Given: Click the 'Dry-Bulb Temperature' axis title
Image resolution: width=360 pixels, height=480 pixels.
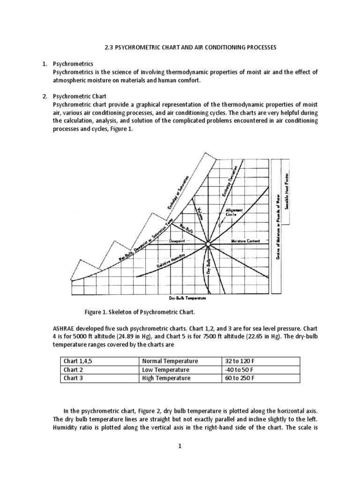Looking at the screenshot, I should point(187,298).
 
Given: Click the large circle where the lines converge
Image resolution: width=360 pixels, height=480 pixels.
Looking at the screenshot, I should point(208,244).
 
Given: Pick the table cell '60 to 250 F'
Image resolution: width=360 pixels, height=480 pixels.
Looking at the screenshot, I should point(240,378).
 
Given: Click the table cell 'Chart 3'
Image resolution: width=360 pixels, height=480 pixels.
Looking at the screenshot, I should point(74,378).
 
